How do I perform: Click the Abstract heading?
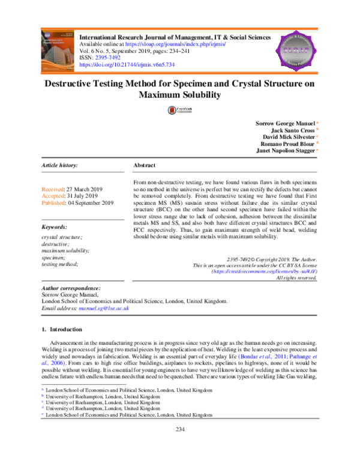(143, 165)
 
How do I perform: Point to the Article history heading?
(61, 165)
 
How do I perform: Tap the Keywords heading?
(55, 227)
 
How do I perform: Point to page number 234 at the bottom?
(179, 445)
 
